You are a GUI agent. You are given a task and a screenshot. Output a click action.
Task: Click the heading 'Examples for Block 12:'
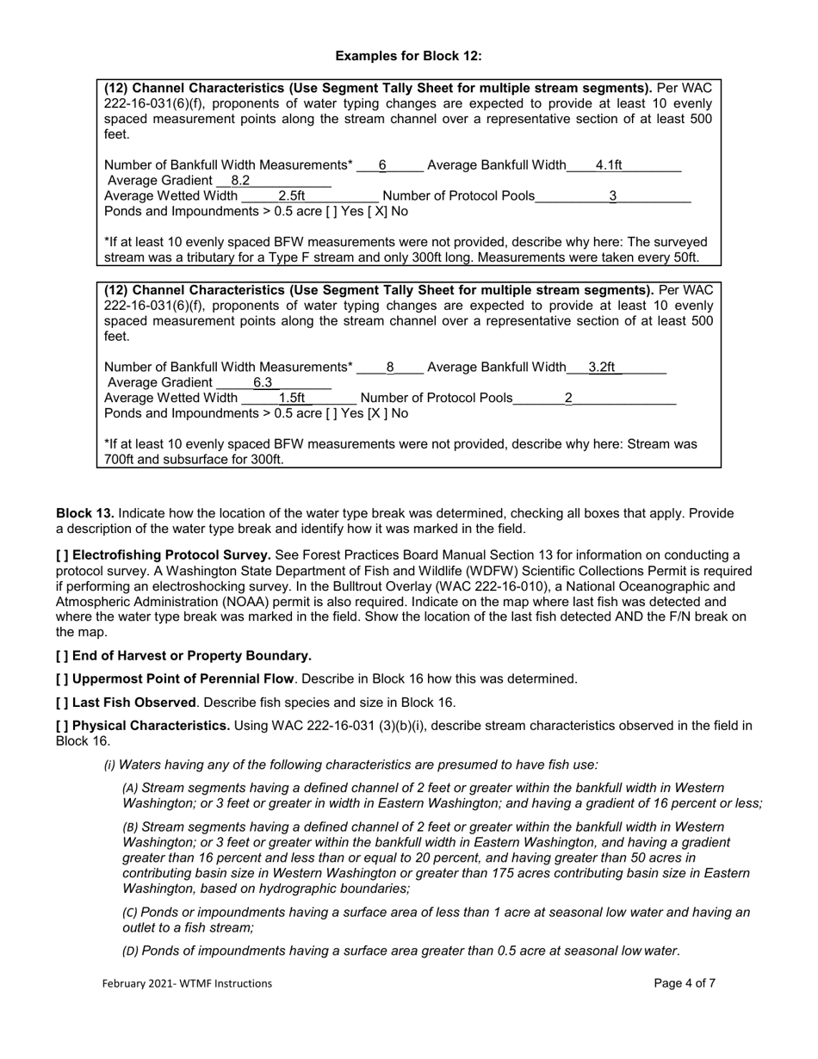click(408, 56)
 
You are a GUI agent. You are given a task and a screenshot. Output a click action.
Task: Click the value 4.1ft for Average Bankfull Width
click(609, 165)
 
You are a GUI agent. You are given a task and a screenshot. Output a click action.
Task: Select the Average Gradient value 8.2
click(240, 181)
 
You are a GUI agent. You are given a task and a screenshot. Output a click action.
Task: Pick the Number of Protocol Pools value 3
click(613, 196)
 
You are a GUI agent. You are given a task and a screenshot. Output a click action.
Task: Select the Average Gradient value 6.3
click(263, 383)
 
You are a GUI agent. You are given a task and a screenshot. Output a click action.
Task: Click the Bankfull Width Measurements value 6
click(382, 165)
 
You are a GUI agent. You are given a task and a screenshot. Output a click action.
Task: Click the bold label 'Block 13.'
click(85, 514)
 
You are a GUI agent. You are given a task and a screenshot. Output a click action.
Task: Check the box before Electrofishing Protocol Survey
click(62, 555)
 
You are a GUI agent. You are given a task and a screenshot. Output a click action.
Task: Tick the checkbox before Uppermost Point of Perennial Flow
click(62, 679)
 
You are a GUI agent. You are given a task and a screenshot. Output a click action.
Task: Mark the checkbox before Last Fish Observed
click(62, 703)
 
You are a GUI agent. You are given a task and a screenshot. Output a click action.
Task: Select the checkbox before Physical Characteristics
click(62, 726)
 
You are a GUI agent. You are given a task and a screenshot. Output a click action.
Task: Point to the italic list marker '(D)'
click(130, 951)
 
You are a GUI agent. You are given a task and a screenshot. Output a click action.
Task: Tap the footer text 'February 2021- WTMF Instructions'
click(187, 983)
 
